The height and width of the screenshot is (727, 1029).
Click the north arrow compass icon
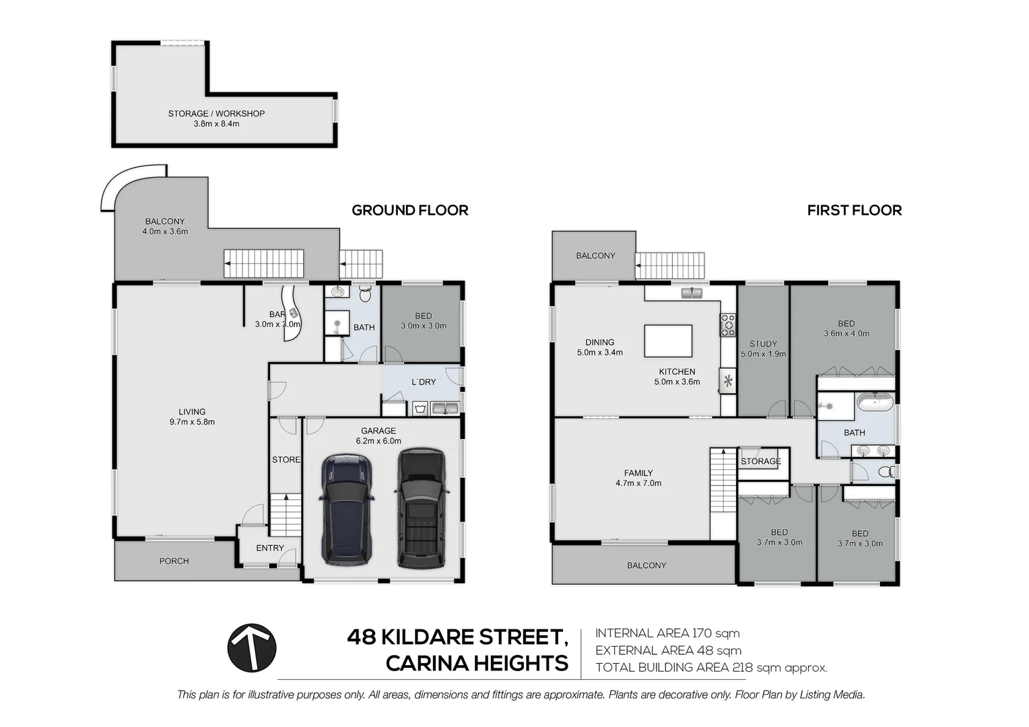252,648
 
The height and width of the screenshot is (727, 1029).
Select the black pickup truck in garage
421,508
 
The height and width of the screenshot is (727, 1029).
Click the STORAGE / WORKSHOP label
216,114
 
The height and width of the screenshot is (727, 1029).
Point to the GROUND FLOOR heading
409,210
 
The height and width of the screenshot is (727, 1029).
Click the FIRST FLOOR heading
854,210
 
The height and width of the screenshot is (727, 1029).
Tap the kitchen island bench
668,341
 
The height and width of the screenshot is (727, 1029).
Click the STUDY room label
763,343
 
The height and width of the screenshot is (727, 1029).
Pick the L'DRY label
424,382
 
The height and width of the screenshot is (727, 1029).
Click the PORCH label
174,561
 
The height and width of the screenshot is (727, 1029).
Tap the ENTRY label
270,548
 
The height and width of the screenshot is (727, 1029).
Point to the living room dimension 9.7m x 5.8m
192,422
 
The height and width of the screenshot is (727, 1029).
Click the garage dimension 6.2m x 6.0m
378,441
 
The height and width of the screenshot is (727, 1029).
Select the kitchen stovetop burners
728,325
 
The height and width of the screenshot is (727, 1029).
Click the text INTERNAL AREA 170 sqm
667,633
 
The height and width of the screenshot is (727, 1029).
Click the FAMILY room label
638,473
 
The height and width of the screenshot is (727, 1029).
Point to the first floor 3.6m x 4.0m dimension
847,333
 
